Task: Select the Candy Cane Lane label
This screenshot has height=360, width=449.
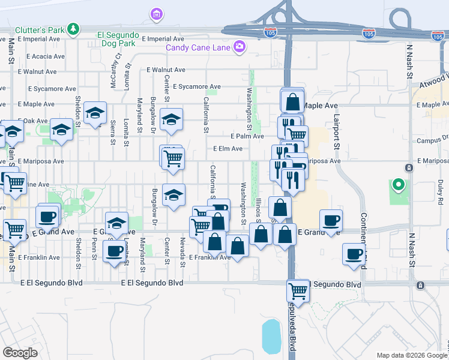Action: click(x=199, y=47)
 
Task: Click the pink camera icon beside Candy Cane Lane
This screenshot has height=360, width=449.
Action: click(x=240, y=46)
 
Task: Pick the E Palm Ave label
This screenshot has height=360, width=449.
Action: click(x=243, y=136)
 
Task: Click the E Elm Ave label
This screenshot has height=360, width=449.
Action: click(x=228, y=149)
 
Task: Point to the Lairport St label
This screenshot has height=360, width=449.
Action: click(x=337, y=132)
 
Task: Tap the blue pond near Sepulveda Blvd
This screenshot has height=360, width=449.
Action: click(x=271, y=337)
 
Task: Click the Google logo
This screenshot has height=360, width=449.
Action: click(x=20, y=353)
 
